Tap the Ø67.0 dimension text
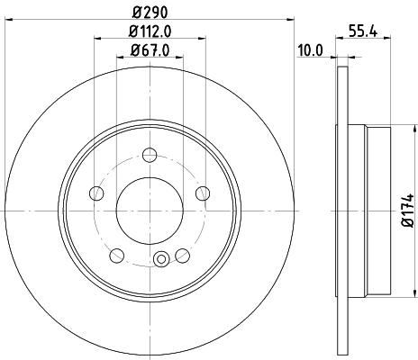click(x=150, y=52)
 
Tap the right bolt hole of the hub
click(x=203, y=192)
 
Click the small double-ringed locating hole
click(x=161, y=261)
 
